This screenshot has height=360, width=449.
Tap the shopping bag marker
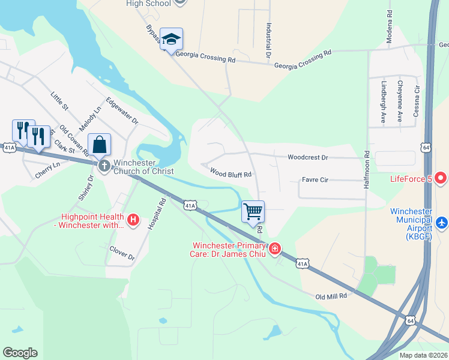[100, 145]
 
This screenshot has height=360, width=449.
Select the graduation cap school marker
[171, 40]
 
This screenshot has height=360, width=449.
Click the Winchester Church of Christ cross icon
[104, 165]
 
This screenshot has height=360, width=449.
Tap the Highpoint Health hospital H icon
[134, 221]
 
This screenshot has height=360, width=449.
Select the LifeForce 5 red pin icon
[441, 178]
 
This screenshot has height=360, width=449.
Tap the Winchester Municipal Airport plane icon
[442, 223]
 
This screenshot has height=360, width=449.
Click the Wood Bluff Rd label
[230, 172]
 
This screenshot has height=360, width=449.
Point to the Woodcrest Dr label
[307, 157]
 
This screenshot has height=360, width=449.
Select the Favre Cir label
[315, 179]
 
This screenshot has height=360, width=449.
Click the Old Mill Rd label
[331, 296]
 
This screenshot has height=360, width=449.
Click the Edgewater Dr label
[122, 111]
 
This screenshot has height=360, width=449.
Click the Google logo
[20, 353]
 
